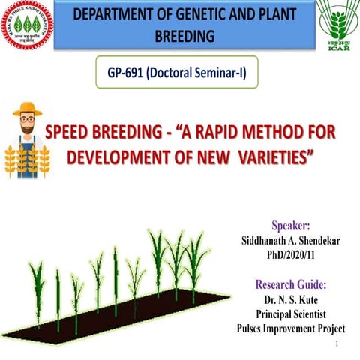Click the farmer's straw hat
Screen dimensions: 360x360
28,109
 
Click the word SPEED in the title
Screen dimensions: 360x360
73,133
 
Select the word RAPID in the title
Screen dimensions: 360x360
235,133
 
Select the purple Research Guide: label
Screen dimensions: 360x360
291,285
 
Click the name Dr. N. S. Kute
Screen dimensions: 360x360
291,300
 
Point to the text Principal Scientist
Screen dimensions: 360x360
291,313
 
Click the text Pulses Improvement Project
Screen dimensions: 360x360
291,328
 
